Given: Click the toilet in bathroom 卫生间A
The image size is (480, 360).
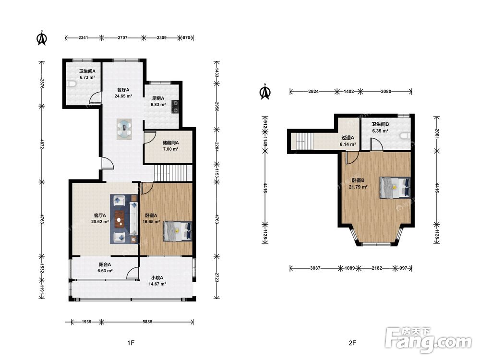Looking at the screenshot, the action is (71, 84).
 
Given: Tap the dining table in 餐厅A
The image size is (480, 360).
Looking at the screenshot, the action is (124, 129).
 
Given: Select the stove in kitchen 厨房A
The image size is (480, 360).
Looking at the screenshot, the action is (175, 107).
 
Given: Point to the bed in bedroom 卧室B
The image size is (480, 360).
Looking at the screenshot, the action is (395, 188).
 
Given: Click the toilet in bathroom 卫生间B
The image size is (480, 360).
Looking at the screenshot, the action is (406, 136).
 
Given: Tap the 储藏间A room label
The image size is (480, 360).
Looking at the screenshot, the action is (170, 143).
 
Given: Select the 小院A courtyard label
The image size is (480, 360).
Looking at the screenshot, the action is (157, 278).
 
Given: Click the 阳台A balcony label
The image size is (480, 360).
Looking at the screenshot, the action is (105, 265).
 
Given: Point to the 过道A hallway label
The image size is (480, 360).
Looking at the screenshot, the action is (348, 138).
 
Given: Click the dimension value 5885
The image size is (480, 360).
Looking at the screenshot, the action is (147, 322).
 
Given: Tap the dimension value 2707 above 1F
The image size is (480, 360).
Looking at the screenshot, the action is (122, 38).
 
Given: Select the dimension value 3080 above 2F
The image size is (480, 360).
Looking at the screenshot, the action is (386, 91).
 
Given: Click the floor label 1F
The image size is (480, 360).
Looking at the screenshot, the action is (131, 343).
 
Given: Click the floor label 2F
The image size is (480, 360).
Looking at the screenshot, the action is (352, 343).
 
